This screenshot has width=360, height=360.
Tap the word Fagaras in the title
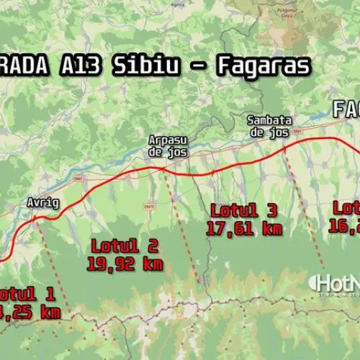[262, 66]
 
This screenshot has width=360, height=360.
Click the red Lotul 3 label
[243, 210]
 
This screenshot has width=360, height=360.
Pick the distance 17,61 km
[243, 228]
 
